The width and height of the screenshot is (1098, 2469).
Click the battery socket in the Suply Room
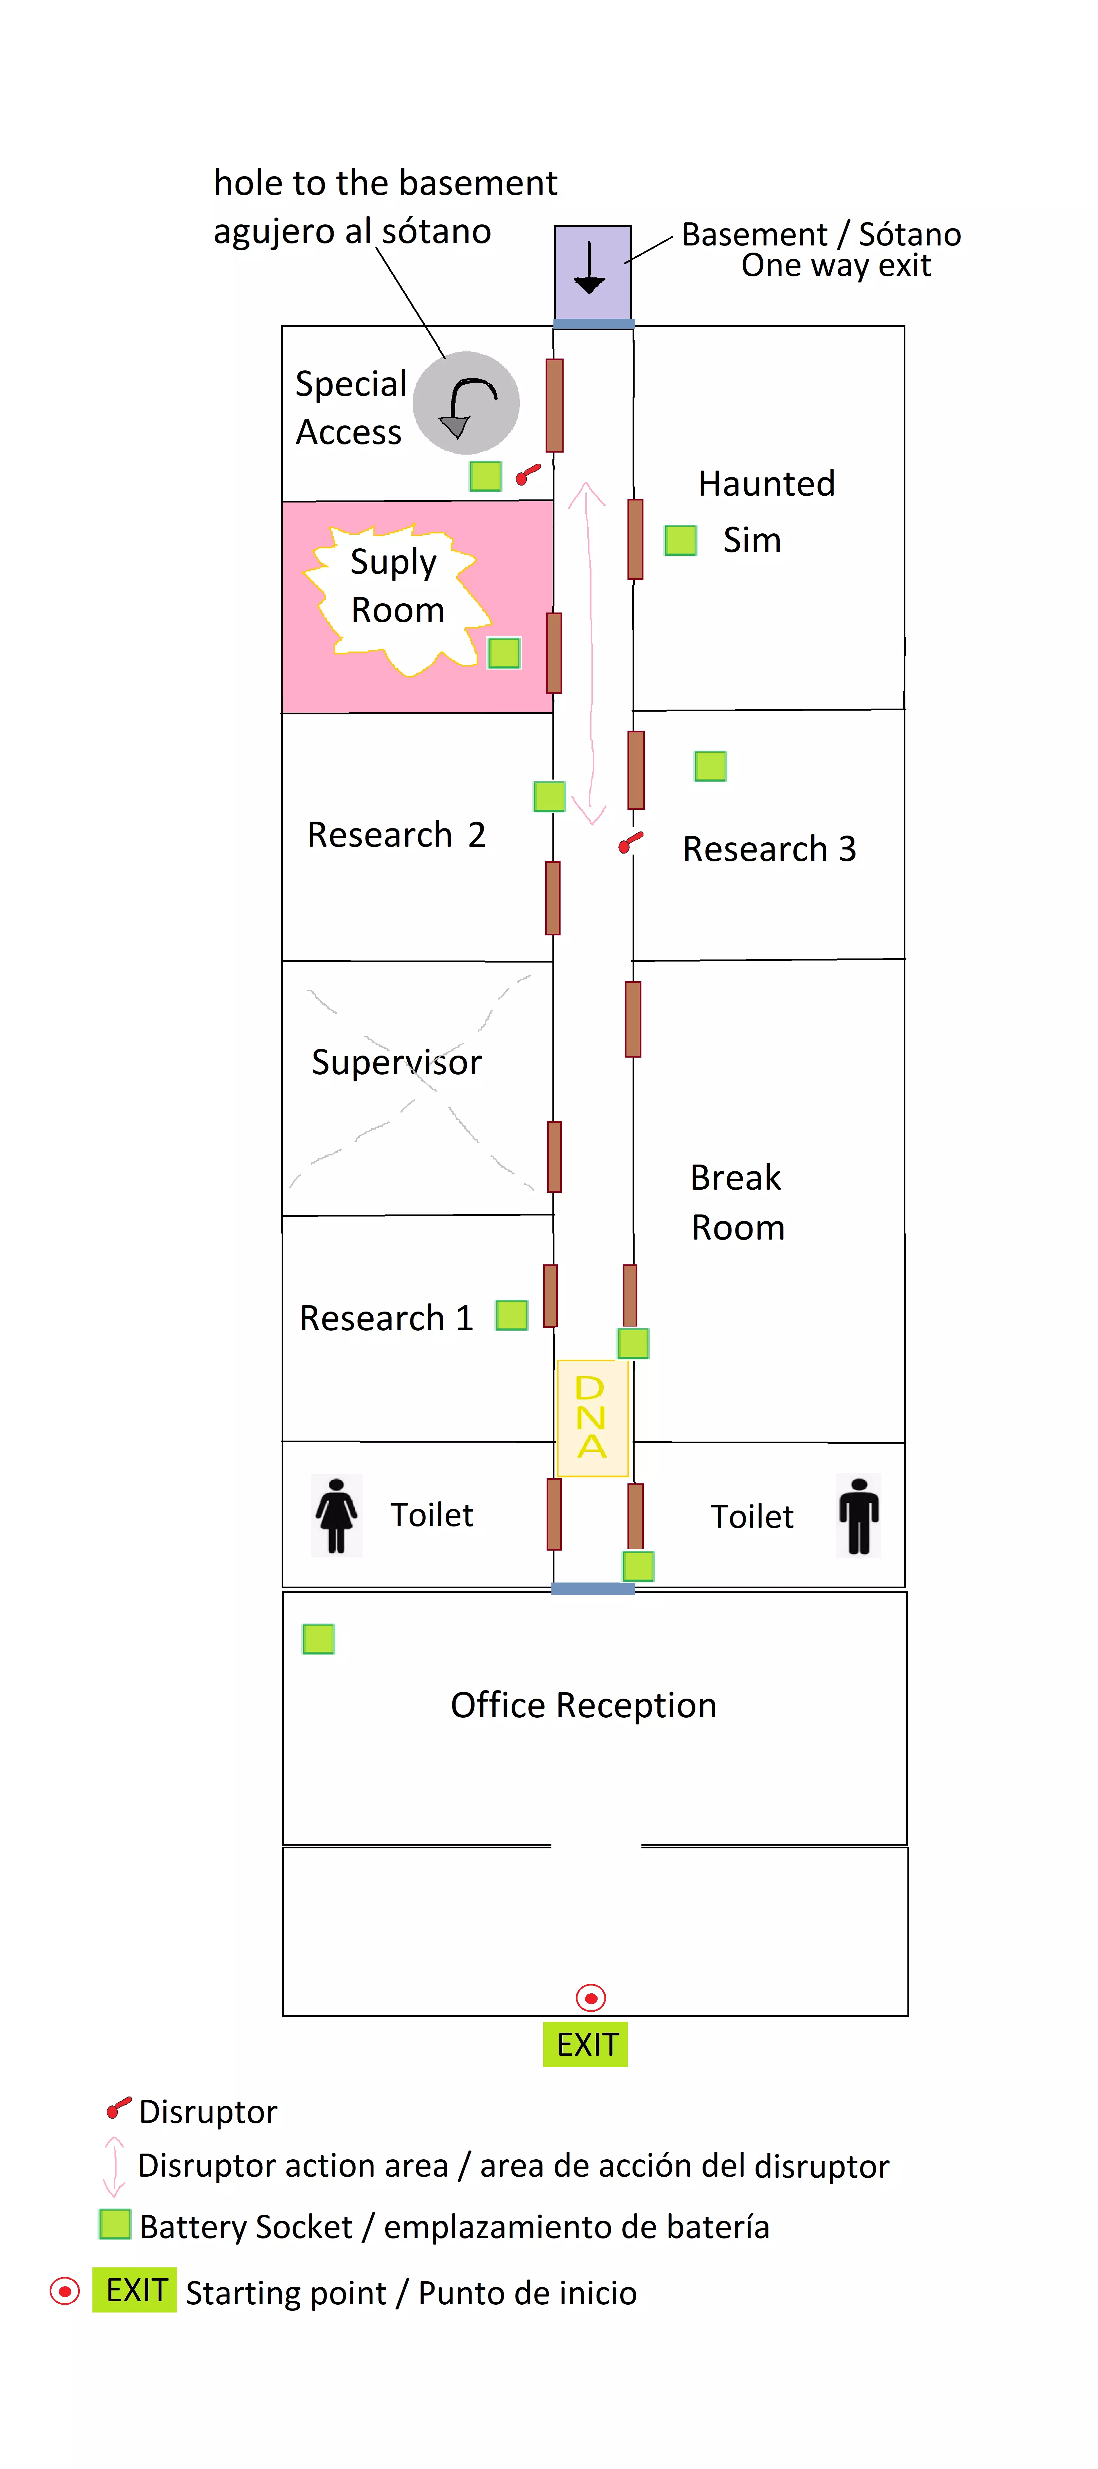[x=504, y=653]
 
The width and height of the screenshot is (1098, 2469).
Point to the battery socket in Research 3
[x=711, y=766]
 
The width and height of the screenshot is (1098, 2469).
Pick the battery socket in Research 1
[x=512, y=1315]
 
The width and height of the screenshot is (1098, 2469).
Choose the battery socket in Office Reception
[x=318, y=1639]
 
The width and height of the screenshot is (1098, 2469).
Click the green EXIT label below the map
[x=586, y=2044]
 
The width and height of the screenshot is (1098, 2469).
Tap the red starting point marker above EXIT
[x=591, y=1997]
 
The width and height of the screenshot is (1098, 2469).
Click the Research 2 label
[x=396, y=835]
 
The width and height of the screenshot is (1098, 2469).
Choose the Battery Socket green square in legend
[x=115, y=2224]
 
